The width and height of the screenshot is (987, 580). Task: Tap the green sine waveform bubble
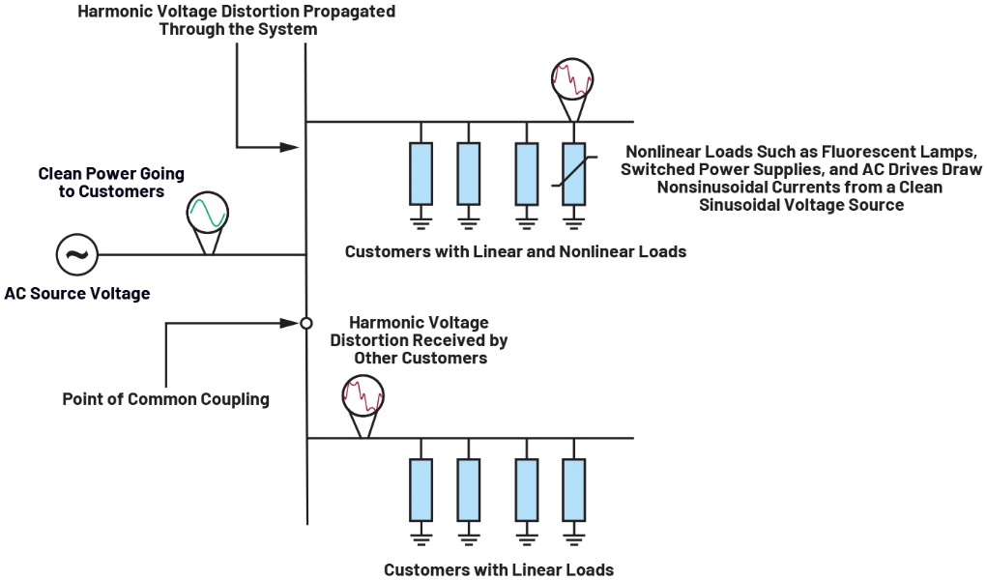tap(207, 212)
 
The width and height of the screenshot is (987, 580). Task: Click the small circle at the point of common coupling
tap(305, 323)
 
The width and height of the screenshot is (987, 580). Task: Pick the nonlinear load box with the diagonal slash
tap(573, 173)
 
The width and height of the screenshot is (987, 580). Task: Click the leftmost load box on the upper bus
tap(421, 173)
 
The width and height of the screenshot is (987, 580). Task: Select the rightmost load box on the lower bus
tap(573, 490)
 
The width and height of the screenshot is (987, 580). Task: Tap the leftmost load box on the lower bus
tap(421, 490)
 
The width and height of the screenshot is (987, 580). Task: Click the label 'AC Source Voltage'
tap(77, 293)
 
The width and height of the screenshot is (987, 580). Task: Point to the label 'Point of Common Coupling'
tap(165, 398)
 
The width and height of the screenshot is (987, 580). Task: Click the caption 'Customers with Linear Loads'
tap(498, 569)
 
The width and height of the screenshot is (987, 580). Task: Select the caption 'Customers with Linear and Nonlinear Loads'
tap(515, 252)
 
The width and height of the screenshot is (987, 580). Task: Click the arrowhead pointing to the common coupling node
tap(288, 323)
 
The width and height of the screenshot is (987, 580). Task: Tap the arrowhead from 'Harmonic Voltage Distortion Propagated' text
tap(289, 148)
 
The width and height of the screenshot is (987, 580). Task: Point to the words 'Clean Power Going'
tap(111, 174)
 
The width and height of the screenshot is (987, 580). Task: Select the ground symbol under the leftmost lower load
tap(421, 537)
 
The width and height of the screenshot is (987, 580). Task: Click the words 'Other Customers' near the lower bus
tap(419, 358)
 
